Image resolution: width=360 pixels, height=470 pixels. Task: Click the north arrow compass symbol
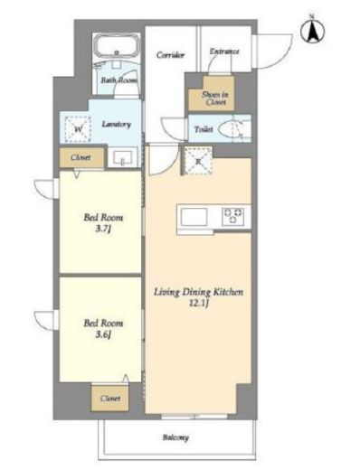coord(312,31)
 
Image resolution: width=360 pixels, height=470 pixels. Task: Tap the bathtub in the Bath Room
coord(117,46)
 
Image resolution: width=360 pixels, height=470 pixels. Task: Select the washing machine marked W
coord(78,129)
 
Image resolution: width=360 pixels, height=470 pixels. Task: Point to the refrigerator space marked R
coord(198,161)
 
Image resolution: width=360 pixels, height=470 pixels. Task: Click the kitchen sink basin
coord(194,217)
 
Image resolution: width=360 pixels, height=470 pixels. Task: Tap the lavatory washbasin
coord(122,157)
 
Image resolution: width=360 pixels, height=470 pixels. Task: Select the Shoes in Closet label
coord(215,99)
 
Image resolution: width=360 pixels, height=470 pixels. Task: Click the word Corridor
coord(170,55)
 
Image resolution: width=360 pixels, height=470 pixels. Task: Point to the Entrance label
coord(224,52)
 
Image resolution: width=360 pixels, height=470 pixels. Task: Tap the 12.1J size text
coord(199,303)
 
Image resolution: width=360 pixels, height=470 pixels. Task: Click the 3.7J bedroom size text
coord(103,229)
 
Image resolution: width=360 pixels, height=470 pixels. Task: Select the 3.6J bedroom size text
coord(103,334)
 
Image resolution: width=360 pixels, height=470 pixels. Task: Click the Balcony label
coord(175,437)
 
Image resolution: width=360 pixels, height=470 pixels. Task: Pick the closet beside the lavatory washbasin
coord(81,157)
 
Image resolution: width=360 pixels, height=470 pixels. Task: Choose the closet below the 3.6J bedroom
coord(110,399)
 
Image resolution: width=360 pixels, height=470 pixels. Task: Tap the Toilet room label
coord(204,129)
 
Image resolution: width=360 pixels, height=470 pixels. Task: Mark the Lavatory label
coord(116,124)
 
